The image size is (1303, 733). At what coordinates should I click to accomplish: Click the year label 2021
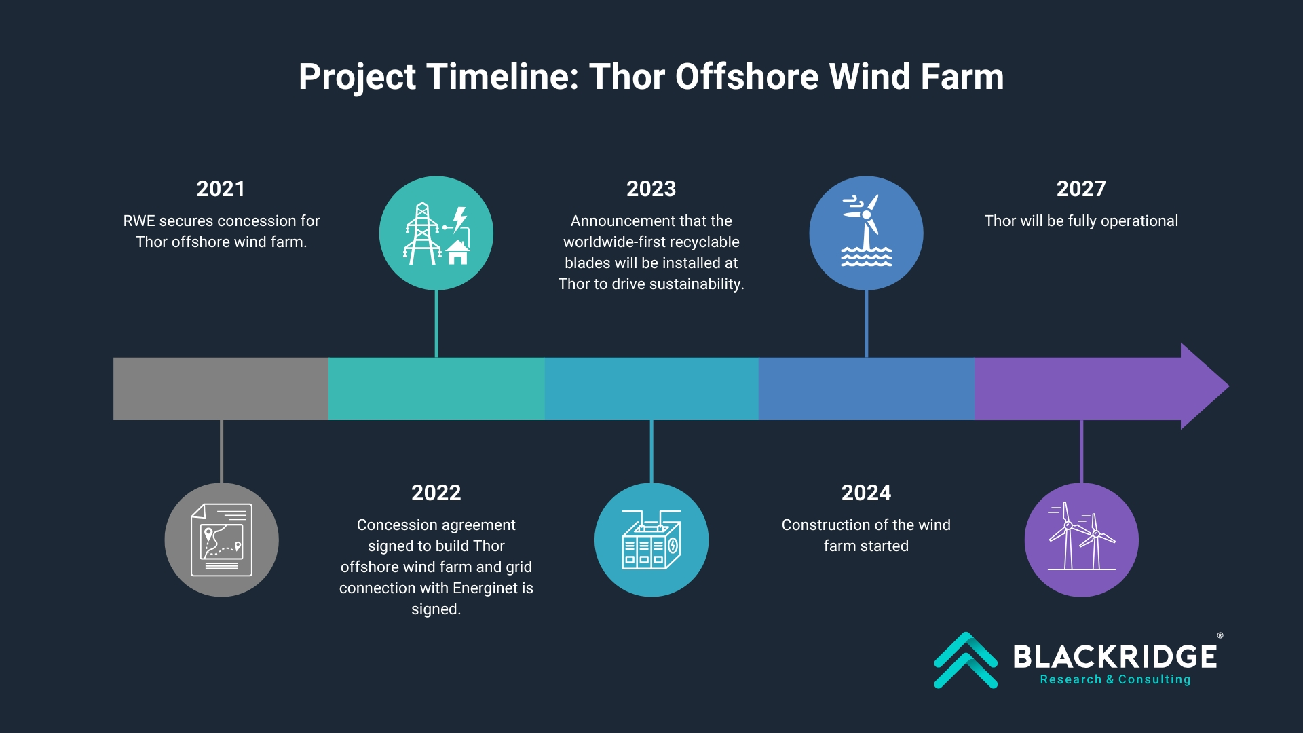coord(221,189)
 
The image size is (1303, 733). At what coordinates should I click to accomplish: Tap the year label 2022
coord(436,493)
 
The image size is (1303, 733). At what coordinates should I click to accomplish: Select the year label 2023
coord(651,189)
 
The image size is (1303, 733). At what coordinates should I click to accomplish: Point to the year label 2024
coord(866,493)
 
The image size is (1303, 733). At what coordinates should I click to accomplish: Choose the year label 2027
coord(1081,189)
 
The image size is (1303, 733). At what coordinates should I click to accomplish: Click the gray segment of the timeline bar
coord(221,388)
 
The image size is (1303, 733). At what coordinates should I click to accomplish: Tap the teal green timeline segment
coord(436,388)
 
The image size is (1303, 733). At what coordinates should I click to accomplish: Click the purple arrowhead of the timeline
coord(1204,386)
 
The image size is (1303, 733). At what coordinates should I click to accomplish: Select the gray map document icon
coord(221,540)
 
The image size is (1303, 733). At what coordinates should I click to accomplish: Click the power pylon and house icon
coord(436,233)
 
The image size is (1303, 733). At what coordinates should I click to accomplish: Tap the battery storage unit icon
coord(651,540)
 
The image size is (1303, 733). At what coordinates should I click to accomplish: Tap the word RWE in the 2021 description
coord(139,221)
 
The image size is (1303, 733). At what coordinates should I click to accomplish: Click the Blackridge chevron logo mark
coord(966,660)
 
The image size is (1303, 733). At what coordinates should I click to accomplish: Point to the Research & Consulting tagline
coord(1115,679)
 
